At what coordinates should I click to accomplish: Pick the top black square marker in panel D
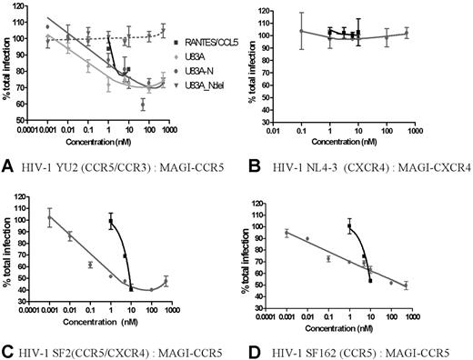click(349, 226)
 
